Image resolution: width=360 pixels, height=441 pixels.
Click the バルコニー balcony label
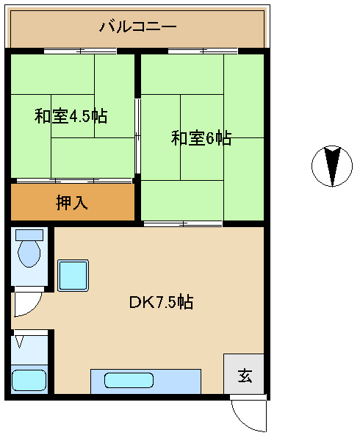137,26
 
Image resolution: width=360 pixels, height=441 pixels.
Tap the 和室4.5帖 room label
71,115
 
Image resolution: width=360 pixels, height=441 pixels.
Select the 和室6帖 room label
201,138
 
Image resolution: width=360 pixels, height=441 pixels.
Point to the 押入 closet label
72,202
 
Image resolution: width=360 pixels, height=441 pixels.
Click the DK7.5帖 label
161,302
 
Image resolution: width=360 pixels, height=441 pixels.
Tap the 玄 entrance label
245,376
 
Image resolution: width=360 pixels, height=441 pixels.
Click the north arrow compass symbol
332,166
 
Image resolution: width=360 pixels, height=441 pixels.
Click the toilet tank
29,235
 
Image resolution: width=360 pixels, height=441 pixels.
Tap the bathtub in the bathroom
29,380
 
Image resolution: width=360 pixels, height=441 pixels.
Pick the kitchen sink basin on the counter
129,380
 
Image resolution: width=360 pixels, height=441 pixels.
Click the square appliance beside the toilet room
73,276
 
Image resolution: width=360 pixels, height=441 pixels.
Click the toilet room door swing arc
33,309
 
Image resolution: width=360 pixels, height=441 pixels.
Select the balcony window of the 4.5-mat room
80,51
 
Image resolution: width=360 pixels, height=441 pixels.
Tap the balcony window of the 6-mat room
203,51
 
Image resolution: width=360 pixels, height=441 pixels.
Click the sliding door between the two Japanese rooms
137,136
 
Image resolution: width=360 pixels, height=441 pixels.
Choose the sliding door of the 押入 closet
74,181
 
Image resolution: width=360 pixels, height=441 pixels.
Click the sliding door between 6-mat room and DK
183,224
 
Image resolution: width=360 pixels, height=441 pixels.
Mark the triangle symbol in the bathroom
19,342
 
